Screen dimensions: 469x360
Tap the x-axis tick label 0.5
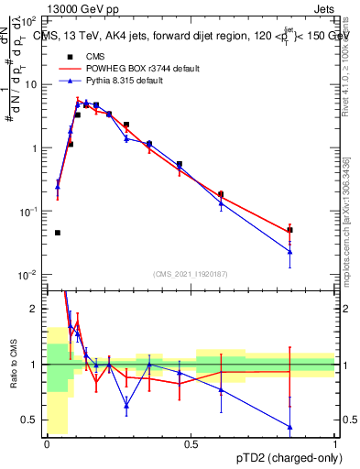[x=191, y=443]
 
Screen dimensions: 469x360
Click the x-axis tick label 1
[x=335, y=443]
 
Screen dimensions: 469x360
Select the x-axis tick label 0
[x=48, y=443]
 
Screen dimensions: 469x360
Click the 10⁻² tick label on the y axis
[x=30, y=275]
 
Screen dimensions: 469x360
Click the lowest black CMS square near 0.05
[x=58, y=233]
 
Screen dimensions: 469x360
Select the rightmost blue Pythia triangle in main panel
[x=289, y=251]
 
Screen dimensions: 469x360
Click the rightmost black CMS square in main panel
[x=289, y=230]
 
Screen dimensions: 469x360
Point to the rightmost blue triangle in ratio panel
[x=289, y=427]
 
